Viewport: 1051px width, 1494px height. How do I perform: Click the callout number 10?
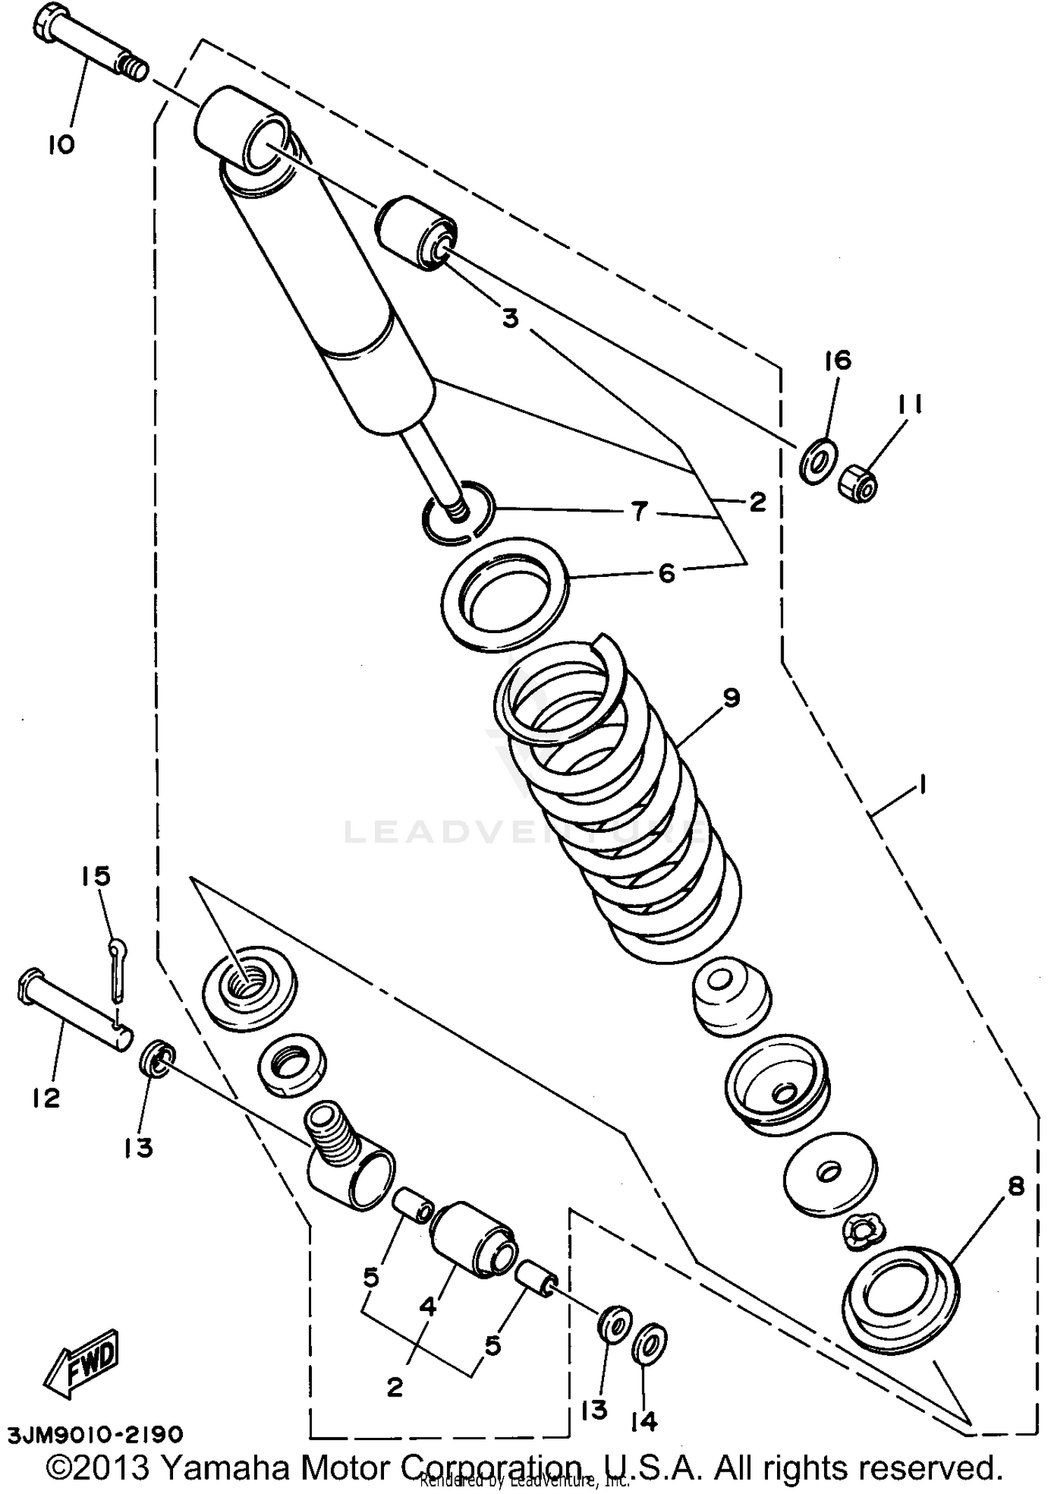pos(61,145)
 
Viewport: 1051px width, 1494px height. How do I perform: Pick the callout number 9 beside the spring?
pos(731,698)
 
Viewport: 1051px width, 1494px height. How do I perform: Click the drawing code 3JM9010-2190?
pos(96,1434)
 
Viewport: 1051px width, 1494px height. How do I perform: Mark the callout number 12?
pos(46,1099)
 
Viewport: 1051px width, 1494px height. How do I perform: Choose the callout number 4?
pos(428,1306)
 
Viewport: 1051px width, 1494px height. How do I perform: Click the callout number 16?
pos(837,360)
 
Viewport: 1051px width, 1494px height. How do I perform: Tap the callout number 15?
pos(97,876)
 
